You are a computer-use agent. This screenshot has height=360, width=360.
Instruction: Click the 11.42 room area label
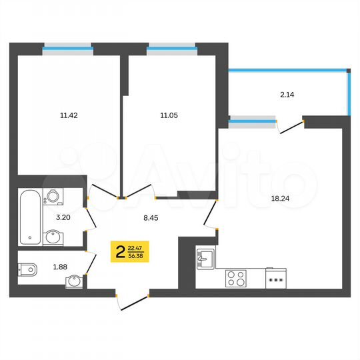click(69, 115)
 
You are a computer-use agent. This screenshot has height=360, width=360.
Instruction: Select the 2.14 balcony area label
click(287, 95)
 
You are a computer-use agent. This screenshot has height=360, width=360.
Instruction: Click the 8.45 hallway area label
click(153, 216)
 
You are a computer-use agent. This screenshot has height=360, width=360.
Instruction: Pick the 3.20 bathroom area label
click(63, 217)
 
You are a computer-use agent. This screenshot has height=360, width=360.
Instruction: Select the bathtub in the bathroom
click(29, 217)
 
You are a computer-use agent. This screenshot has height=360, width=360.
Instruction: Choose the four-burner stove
click(235, 277)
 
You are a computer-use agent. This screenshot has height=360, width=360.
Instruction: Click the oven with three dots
click(275, 278)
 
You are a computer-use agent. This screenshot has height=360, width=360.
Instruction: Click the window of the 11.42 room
click(67, 47)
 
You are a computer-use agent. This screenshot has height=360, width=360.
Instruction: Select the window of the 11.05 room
click(172, 47)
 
